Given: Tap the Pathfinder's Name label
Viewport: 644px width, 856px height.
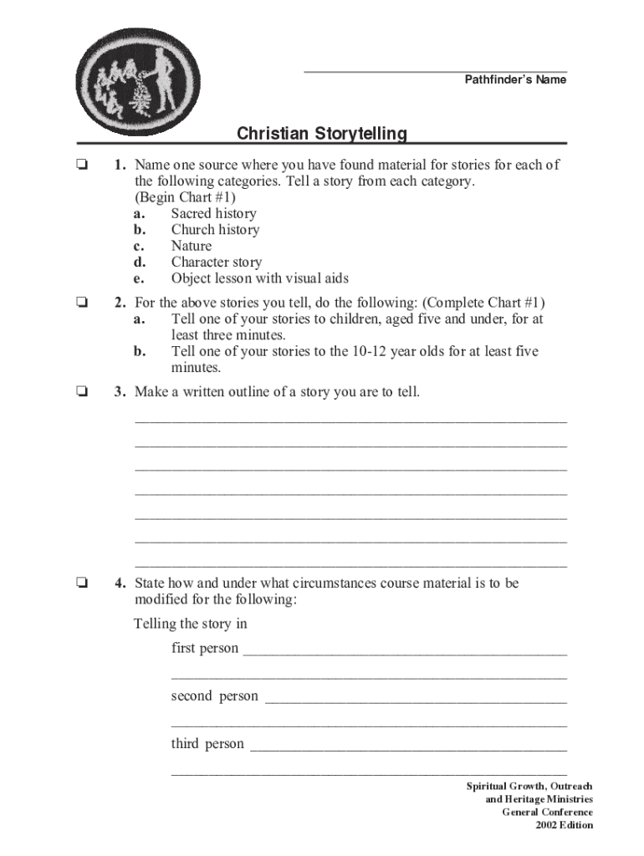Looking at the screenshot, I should pyautogui.click(x=515, y=80).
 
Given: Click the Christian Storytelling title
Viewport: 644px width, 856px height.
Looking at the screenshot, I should pyautogui.click(x=322, y=134).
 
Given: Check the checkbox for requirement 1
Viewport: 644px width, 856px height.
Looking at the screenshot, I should pyautogui.click(x=81, y=166).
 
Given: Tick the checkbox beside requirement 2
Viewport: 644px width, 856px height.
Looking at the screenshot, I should pyautogui.click(x=81, y=303).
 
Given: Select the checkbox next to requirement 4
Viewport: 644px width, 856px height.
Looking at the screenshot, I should pyautogui.click(x=81, y=583).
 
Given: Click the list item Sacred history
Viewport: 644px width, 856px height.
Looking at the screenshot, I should pyautogui.click(x=213, y=213).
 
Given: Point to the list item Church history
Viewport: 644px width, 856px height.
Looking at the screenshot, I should pyautogui.click(x=215, y=230).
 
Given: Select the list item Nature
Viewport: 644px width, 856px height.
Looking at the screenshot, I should pyautogui.click(x=192, y=246).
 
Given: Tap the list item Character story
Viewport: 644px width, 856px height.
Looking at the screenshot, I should pyautogui.click(x=217, y=262).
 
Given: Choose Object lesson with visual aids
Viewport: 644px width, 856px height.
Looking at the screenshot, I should pyautogui.click(x=259, y=278).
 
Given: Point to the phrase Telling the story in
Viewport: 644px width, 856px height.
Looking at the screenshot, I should pyautogui.click(x=191, y=624).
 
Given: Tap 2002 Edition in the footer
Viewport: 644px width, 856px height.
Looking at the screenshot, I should pyautogui.click(x=565, y=825).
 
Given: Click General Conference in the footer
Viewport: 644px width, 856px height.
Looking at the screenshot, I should pyautogui.click(x=547, y=812).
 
